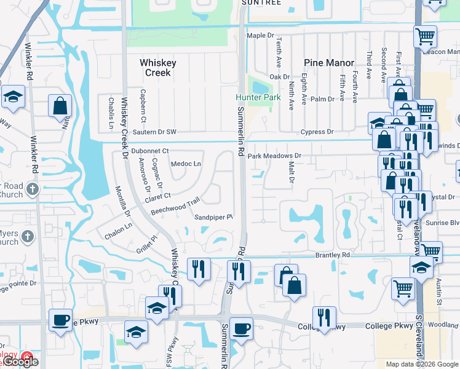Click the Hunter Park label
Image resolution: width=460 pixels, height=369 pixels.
coord(258,98)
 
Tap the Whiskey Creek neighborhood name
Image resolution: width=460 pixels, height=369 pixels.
coord(158,68)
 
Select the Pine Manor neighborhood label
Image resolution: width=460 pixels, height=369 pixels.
coord(329,63)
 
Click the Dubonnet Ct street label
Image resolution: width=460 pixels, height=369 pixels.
coord(149,151)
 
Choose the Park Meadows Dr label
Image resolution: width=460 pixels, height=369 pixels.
coord(274,156)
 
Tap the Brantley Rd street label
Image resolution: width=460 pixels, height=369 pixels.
coord(332,254)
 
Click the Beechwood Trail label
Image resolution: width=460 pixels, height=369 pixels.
coord(176,207)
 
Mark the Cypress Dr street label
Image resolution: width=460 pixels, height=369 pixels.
coord(317,132)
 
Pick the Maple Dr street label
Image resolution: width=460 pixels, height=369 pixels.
coord(260,36)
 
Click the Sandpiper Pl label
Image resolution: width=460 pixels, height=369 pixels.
coord(213,218)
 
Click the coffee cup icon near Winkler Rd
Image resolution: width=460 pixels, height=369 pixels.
coord(60,320)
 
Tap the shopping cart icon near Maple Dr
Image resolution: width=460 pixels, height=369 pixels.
coord(425,36)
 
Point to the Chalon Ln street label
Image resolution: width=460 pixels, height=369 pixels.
coord(118,226)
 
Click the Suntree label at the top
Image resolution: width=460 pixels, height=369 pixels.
coord(262,3)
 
